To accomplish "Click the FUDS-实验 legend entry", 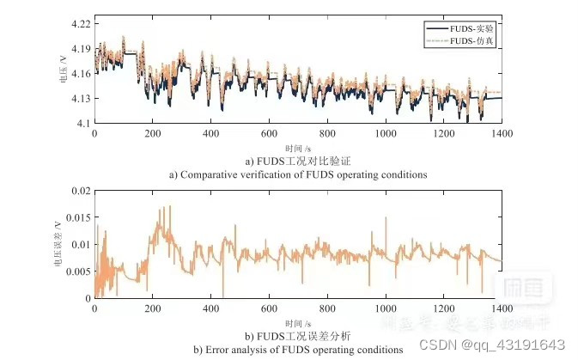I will click(472, 27).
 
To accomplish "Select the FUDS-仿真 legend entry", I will click(472, 40).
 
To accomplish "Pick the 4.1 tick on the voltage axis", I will click(84, 124).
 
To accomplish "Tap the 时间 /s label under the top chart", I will click(297, 148).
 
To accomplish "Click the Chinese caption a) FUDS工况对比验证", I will click(297, 162).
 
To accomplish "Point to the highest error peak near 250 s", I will click(169, 205).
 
